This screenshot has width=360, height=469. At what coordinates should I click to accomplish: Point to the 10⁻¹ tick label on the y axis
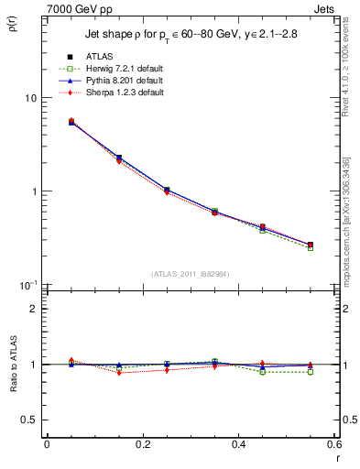pyautogui.click(x=27, y=285)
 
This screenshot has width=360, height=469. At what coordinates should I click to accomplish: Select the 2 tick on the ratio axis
pyautogui.click(x=34, y=309)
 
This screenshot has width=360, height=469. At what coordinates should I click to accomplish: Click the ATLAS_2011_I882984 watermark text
pyautogui.click(x=190, y=274)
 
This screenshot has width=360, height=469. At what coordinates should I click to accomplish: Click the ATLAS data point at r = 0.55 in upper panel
pyautogui.click(x=310, y=245)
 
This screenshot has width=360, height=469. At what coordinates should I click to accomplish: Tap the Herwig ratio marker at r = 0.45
pyautogui.click(x=262, y=372)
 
